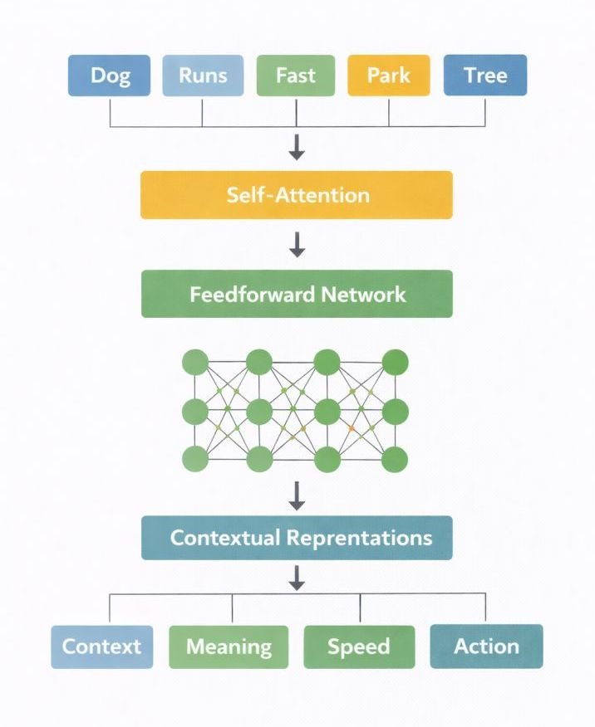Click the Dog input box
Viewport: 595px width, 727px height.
click(110, 76)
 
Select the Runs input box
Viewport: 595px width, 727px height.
click(203, 76)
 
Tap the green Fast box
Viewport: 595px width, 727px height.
click(297, 76)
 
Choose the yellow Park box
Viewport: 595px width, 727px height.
click(389, 76)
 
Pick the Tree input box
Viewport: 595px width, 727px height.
click(485, 76)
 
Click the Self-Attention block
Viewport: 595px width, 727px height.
click(297, 195)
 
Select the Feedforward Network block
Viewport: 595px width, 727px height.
click(297, 294)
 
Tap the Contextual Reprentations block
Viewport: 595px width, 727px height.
click(297, 537)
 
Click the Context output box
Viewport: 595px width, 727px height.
click(102, 646)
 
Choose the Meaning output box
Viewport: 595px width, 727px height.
click(229, 646)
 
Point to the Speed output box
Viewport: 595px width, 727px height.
click(359, 646)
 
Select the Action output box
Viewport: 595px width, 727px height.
click(486, 646)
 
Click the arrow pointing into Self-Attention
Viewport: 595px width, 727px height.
click(297, 148)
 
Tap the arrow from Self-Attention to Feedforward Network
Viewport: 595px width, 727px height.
click(297, 245)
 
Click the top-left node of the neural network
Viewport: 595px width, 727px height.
click(194, 363)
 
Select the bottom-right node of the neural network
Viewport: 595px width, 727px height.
click(395, 459)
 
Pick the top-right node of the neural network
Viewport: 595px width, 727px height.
click(395, 363)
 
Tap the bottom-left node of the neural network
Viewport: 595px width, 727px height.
click(194, 459)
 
